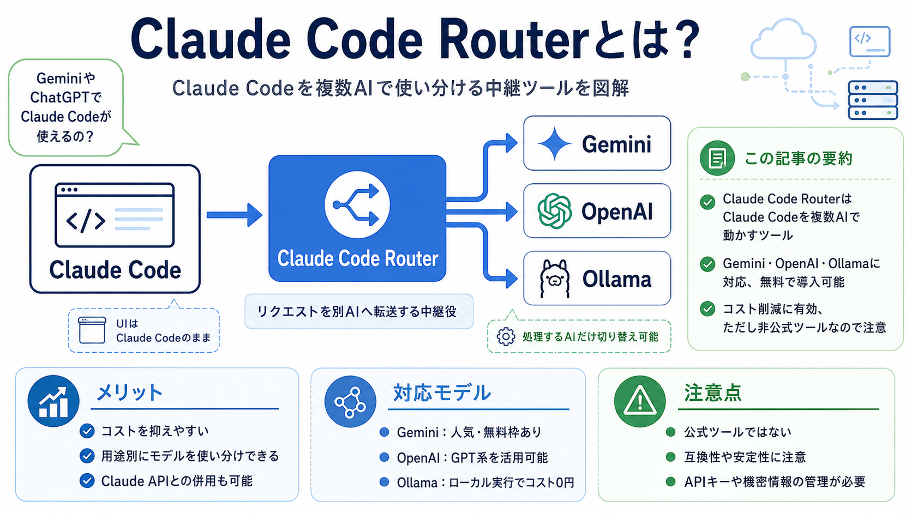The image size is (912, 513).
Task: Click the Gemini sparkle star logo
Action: (555, 143)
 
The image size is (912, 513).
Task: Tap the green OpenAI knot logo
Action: (554, 211)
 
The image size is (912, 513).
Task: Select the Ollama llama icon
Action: (554, 279)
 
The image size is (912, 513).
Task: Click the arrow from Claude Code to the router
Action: (234, 215)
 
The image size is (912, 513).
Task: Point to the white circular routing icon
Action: (357, 204)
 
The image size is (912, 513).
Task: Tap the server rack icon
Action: (873, 100)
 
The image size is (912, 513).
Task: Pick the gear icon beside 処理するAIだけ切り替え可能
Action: (506, 337)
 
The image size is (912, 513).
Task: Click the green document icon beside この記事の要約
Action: (717, 158)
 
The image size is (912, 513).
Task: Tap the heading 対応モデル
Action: (442, 393)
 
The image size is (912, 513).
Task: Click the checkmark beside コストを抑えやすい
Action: (87, 431)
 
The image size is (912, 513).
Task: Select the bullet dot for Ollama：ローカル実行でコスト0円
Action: (384, 482)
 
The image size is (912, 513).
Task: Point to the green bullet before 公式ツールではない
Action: (670, 432)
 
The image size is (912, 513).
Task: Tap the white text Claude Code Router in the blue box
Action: (357, 259)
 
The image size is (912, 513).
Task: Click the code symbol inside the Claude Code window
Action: (86, 220)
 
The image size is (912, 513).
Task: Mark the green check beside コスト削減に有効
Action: (707, 309)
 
